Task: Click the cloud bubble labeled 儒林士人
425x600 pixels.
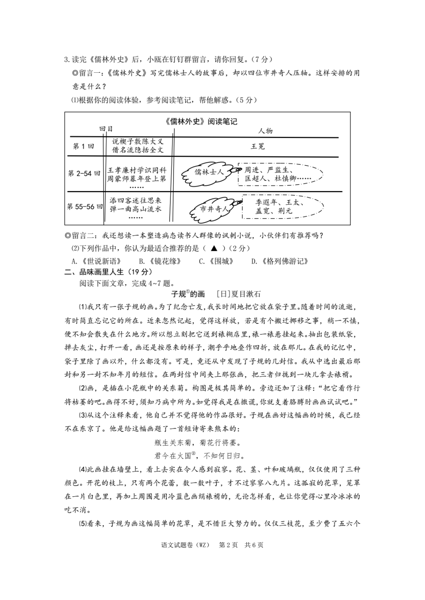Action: click(x=208, y=172)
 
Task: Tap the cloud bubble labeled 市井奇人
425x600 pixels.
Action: click(x=213, y=209)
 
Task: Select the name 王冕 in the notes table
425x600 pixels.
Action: click(x=258, y=146)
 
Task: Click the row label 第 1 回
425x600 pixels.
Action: click(x=83, y=146)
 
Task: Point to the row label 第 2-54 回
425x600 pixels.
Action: click(x=84, y=173)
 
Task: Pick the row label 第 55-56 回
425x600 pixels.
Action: click(x=85, y=206)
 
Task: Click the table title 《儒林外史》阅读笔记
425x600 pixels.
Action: click(x=201, y=121)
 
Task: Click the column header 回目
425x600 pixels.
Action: click(x=106, y=128)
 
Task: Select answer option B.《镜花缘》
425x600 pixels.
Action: click(x=157, y=261)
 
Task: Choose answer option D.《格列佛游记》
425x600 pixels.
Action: click(x=280, y=261)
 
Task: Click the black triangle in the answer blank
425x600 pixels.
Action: click(x=214, y=248)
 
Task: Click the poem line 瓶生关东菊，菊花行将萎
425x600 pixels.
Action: click(x=198, y=443)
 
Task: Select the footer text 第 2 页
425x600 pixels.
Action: click(x=228, y=545)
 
